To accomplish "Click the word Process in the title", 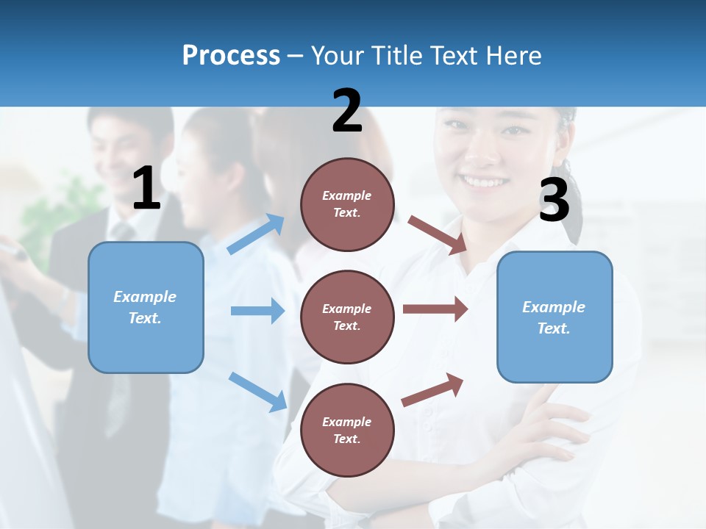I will [x=231, y=56].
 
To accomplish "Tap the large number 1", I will [x=146, y=189].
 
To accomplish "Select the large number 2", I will [x=347, y=111].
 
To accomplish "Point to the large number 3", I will [x=554, y=201].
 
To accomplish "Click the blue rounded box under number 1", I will [x=146, y=307].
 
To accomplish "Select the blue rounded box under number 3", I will [x=555, y=317].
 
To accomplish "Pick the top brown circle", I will [x=347, y=204].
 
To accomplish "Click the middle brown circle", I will [x=347, y=317].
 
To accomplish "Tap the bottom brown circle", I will [x=347, y=430].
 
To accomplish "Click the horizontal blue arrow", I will [x=257, y=311].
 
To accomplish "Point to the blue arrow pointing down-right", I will [x=257, y=392].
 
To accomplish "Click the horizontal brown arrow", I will [x=435, y=309].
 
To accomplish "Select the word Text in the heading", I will [x=452, y=56].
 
